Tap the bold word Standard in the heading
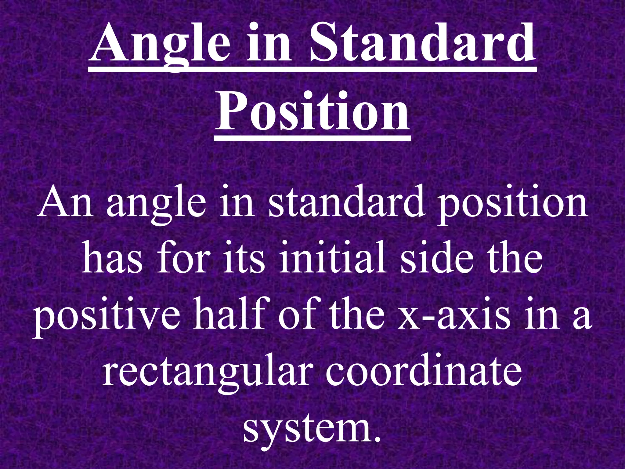[x=423, y=44]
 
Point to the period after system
[x=378, y=438]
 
